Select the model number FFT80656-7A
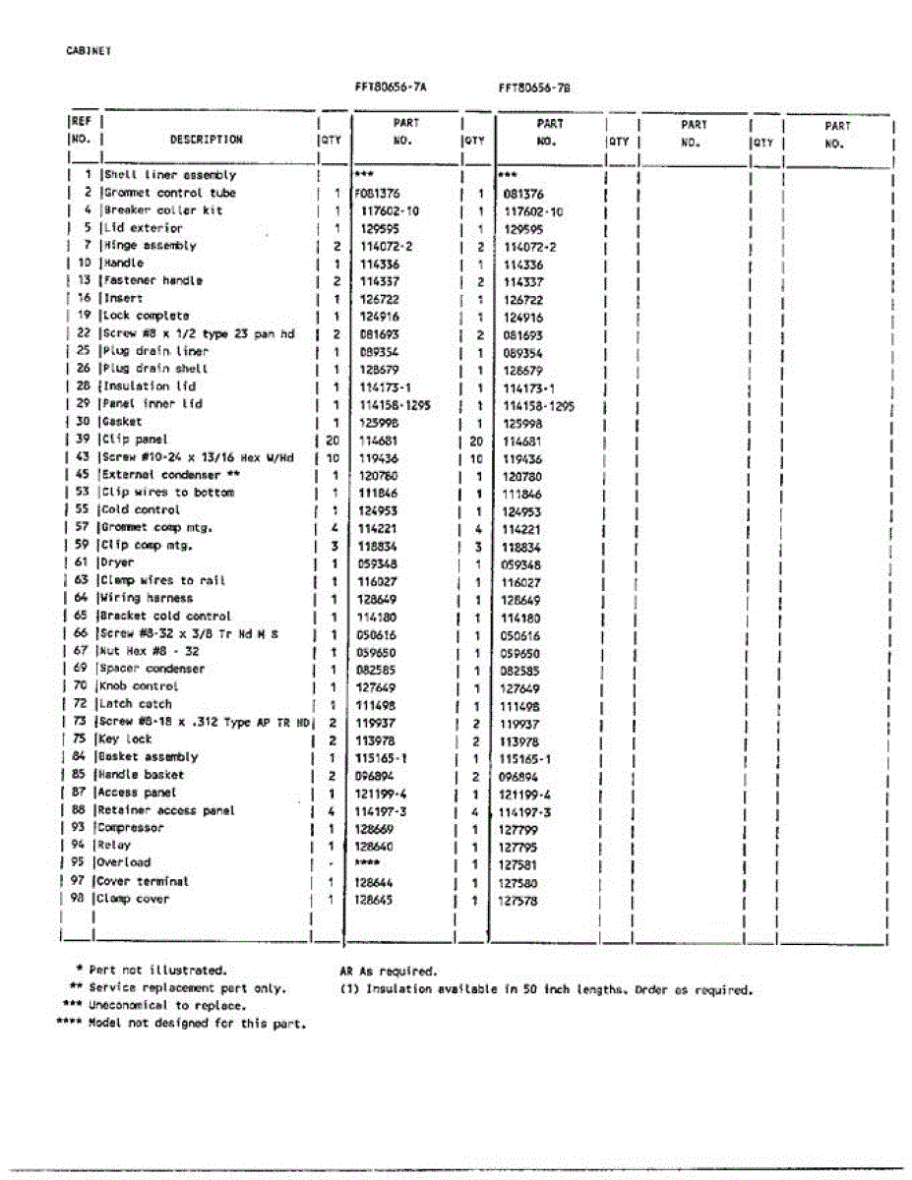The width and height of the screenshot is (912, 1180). pos(391,87)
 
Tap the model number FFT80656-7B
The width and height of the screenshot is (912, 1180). pos(534,88)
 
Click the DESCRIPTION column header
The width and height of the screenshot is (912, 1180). pos(206,140)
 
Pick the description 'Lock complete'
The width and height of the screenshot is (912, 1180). pos(147,316)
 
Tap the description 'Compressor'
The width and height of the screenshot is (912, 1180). pos(131,828)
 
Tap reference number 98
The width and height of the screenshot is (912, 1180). pos(79,899)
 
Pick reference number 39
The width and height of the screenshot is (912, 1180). pos(83,440)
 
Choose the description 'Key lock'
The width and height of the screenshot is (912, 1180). pos(125,739)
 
